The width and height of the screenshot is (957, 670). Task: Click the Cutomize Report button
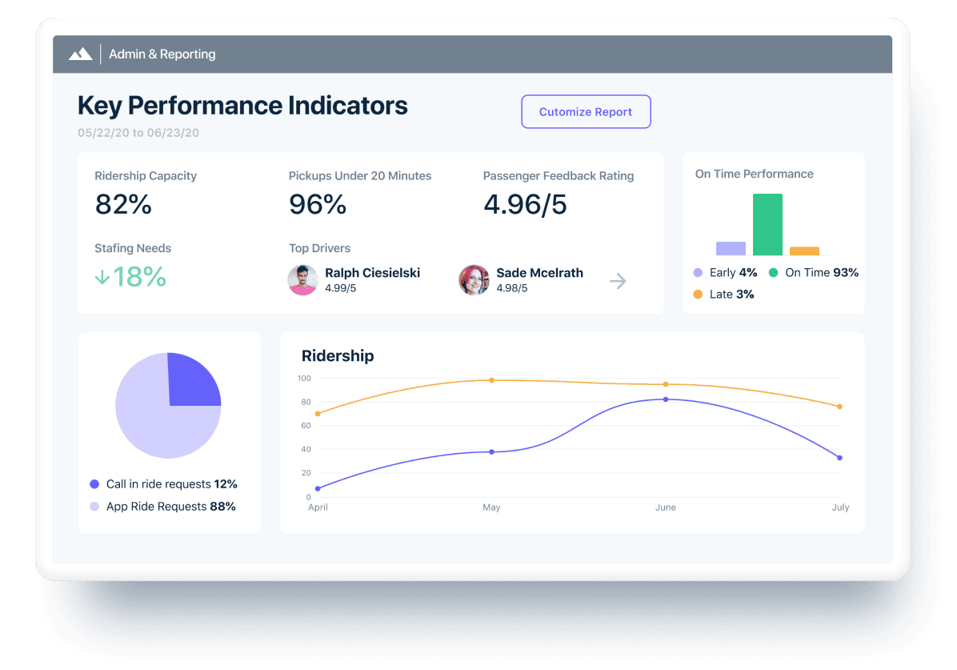pos(586,112)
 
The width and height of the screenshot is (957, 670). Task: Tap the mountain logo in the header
pos(80,54)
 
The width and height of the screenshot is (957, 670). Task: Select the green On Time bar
pos(767,225)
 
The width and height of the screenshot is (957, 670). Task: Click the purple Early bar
pos(731,248)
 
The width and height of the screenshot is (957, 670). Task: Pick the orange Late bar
pos(804,251)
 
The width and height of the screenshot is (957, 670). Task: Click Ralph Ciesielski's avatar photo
pos(302,280)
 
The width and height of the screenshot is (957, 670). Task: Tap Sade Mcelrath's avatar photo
pos(474,280)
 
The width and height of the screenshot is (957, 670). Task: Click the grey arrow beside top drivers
pos(618,281)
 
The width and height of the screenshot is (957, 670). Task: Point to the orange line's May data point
pos(491,380)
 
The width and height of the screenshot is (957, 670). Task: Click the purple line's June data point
pos(666,399)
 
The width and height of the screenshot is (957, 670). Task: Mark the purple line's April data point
pos(318,488)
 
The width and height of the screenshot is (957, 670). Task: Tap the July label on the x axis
pos(840,508)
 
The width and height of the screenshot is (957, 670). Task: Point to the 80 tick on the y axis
pos(305,402)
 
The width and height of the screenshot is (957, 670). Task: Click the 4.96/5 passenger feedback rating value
pos(525,205)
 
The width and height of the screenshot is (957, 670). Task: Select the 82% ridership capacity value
pos(123,205)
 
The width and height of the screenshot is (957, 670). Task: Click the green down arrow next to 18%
pos(102,277)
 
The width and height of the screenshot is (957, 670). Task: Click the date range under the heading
pos(138,133)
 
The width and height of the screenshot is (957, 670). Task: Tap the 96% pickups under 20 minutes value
pos(318,205)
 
